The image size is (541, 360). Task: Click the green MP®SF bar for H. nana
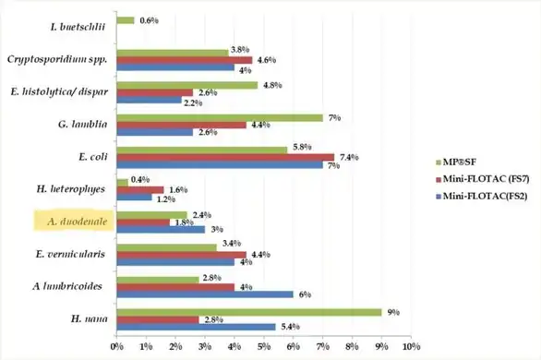click(x=249, y=312)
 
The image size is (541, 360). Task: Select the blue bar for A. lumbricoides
click(x=205, y=294)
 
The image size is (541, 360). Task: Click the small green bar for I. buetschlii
click(x=126, y=20)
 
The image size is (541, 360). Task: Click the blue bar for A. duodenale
click(x=161, y=230)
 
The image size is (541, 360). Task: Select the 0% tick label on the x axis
click(x=117, y=346)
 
